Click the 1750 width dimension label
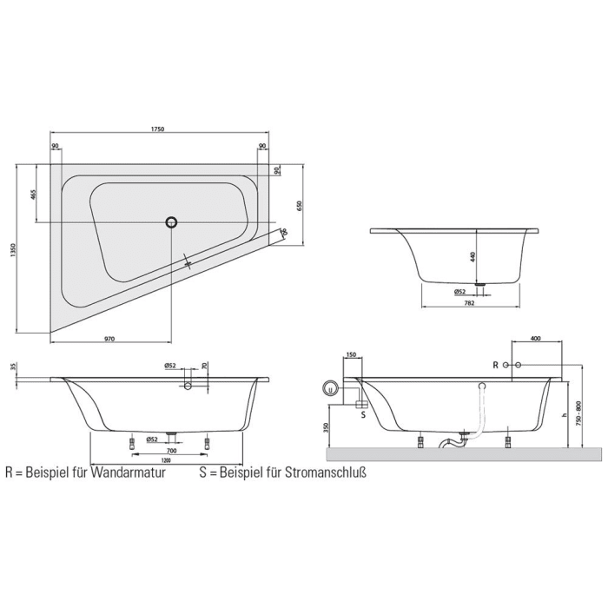click(x=158, y=129)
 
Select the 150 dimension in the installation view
click(x=351, y=354)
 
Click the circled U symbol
click(x=330, y=388)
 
